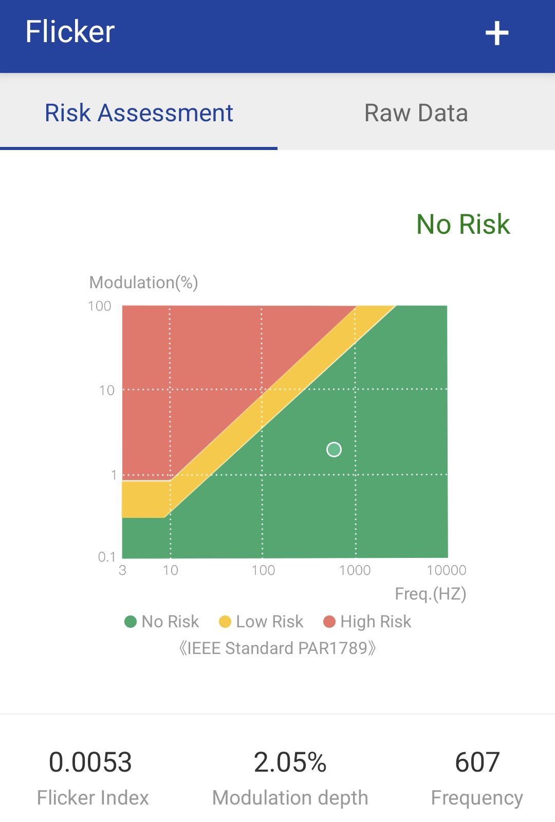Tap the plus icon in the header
pyautogui.click(x=496, y=33)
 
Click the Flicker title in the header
pyautogui.click(x=70, y=31)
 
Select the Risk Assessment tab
pyautogui.click(x=139, y=113)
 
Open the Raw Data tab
pyautogui.click(x=416, y=113)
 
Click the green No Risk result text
pyautogui.click(x=463, y=224)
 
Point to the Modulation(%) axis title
pyautogui.click(x=143, y=283)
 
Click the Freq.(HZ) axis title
pyautogui.click(x=431, y=594)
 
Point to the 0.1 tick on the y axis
pyautogui.click(x=106, y=557)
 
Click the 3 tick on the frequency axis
pyautogui.click(x=123, y=570)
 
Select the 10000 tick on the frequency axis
pyautogui.click(x=447, y=570)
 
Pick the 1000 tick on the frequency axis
pyautogui.click(x=355, y=570)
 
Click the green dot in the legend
pyautogui.click(x=131, y=622)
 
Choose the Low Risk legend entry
pyautogui.click(x=261, y=622)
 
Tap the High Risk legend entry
pyautogui.click(x=367, y=622)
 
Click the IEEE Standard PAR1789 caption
pyautogui.click(x=277, y=648)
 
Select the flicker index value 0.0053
pyautogui.click(x=90, y=762)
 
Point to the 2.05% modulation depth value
pyautogui.click(x=290, y=762)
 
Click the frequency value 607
pyautogui.click(x=477, y=762)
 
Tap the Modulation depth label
pyautogui.click(x=290, y=798)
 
